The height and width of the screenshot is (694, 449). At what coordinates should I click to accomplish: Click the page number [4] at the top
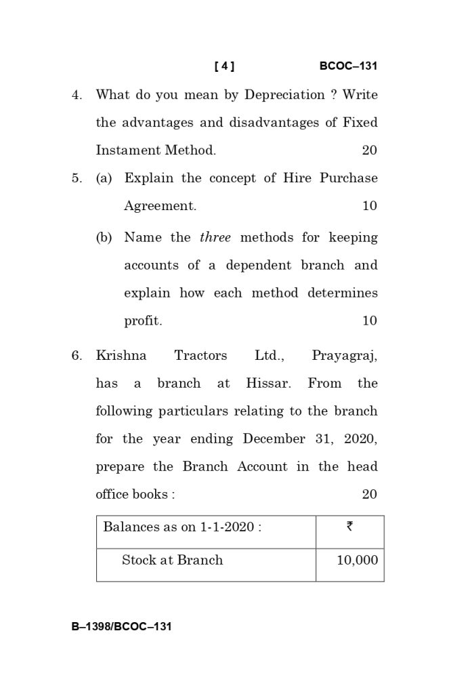coord(224,66)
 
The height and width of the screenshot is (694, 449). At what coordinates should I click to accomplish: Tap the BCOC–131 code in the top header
coord(348,66)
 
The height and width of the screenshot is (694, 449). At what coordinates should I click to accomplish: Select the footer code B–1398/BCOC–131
coord(122,626)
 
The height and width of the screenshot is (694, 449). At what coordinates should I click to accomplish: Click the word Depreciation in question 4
coord(284,95)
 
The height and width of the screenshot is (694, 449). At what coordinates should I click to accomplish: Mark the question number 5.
coord(77,178)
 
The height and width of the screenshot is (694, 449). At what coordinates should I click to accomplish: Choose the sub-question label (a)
coord(104,178)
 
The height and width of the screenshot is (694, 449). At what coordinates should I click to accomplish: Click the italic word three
coord(215,238)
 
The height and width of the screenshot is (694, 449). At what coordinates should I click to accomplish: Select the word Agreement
coord(160,206)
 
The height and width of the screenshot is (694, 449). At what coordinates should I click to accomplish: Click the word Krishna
coord(121,356)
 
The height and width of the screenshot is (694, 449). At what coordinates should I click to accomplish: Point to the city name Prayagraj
coord(344,356)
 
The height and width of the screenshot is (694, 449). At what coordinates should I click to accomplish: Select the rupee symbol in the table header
coord(349,527)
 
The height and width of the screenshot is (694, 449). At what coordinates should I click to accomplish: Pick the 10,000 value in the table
coord(357,560)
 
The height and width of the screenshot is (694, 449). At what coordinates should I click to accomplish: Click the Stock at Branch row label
coord(172,560)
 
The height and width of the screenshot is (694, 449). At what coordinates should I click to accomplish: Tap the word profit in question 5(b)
coord(143,321)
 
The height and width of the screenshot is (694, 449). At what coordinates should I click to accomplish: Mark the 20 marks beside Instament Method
coord(369,150)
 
